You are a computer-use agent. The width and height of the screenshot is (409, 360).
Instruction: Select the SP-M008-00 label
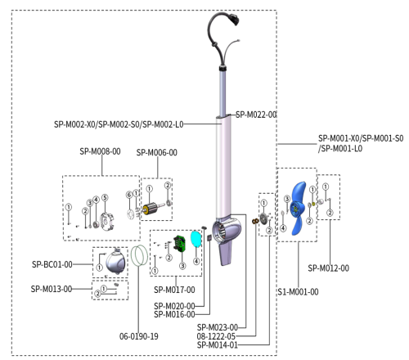click(x=101, y=152)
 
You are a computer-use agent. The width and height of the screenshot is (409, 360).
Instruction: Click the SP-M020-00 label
click(x=174, y=306)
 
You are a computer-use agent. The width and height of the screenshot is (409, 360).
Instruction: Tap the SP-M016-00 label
click(x=174, y=314)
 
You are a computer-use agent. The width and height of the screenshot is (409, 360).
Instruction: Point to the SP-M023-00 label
click(x=216, y=326)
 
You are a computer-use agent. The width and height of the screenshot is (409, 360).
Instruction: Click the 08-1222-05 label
click(x=216, y=335)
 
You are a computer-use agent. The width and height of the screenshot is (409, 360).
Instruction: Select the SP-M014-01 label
click(x=216, y=344)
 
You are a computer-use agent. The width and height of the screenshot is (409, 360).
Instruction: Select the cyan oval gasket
click(x=196, y=239)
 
